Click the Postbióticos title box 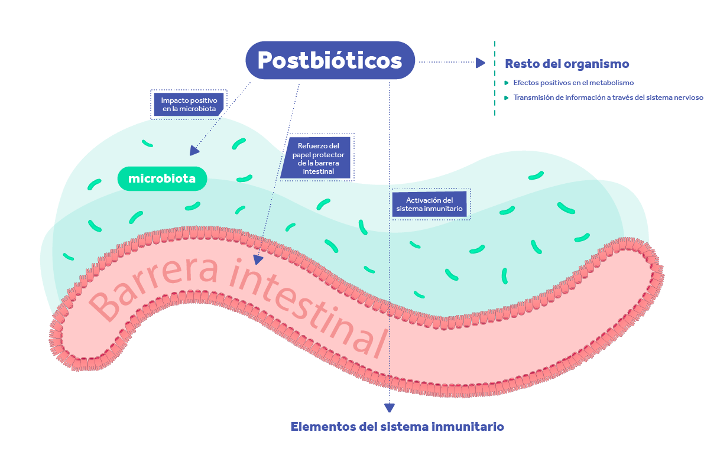[330, 60]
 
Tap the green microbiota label [162, 178]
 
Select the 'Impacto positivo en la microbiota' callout [189, 105]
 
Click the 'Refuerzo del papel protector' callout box [317, 158]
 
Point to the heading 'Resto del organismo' [567, 64]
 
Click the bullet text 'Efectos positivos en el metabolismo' [573, 83]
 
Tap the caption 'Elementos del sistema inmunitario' [397, 427]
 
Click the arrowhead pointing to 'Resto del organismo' [481, 63]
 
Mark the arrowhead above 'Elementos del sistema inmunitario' [390, 408]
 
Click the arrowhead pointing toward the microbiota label [194, 151]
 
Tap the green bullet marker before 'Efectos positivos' [507, 83]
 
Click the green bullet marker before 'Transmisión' [507, 98]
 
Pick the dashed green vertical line [495, 79]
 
